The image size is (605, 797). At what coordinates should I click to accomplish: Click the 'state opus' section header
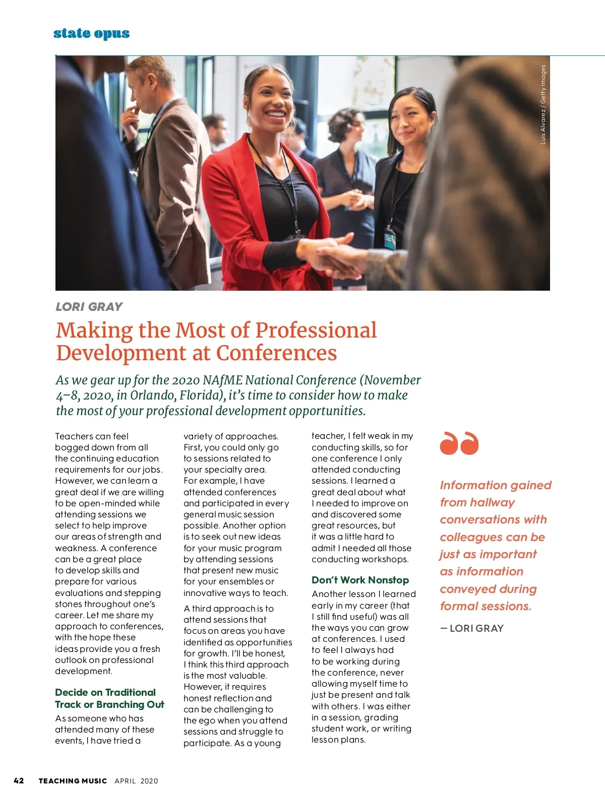(x=91, y=34)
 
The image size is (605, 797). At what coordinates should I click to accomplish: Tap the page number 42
(x=19, y=780)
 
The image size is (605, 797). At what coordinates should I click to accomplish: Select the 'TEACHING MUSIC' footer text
(x=73, y=781)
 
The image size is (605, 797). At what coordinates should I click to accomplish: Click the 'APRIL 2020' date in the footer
(x=136, y=781)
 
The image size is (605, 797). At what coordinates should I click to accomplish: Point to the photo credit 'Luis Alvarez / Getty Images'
(x=543, y=105)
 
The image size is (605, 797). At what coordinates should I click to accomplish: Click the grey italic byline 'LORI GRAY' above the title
(x=89, y=307)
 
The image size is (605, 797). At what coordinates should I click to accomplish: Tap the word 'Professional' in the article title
(x=316, y=330)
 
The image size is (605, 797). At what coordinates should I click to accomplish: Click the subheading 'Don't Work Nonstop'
(x=360, y=580)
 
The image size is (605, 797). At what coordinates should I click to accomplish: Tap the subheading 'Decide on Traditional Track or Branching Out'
(x=109, y=698)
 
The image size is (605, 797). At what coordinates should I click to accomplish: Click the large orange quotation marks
(x=459, y=443)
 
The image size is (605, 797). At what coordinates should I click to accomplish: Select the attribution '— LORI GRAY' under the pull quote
(x=472, y=628)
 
